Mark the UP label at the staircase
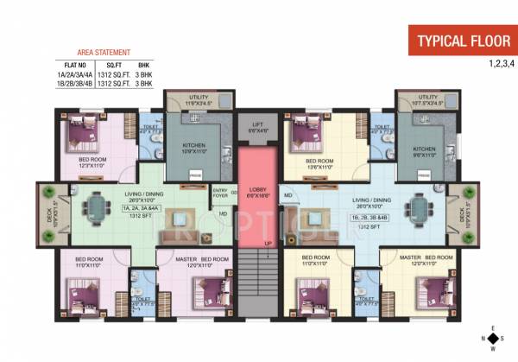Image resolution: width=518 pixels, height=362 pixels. click(268, 243)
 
